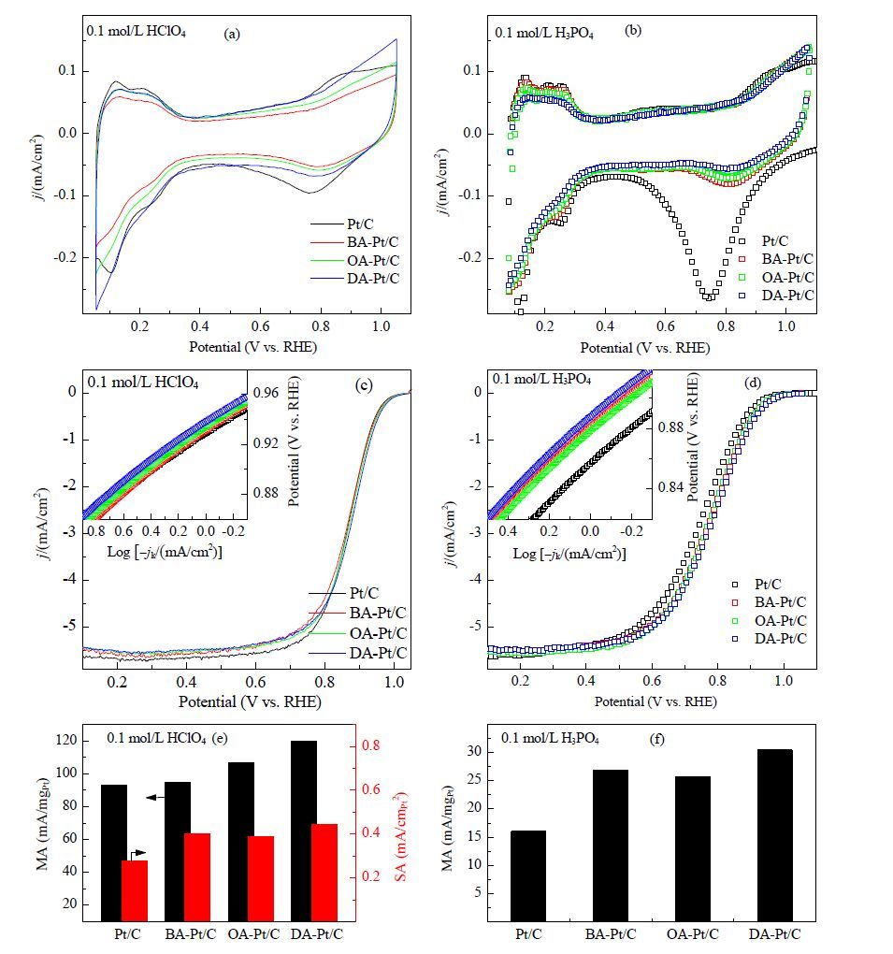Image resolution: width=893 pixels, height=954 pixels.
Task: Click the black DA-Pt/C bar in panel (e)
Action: pyautogui.click(x=304, y=831)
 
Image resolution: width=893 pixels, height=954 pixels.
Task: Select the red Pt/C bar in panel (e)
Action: pyautogui.click(x=135, y=890)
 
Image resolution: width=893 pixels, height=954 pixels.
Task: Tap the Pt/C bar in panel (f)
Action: pyautogui.click(x=528, y=876)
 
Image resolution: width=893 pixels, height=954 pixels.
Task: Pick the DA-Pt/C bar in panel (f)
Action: pyautogui.click(x=775, y=835)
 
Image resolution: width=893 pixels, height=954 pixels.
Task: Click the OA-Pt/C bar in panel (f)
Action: pyautogui.click(x=692, y=848)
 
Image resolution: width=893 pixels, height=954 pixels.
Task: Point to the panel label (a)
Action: pyautogui.click(x=232, y=34)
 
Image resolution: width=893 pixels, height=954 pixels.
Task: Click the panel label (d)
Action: pyautogui.click(x=753, y=383)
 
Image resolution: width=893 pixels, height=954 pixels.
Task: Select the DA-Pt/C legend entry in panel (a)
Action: pyautogui.click(x=355, y=279)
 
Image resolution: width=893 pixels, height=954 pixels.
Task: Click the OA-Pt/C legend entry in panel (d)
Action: pyautogui.click(x=769, y=621)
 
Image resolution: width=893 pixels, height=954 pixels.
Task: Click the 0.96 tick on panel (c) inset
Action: pyautogui.click(x=266, y=393)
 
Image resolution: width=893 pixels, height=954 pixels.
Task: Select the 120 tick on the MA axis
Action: pyautogui.click(x=65, y=741)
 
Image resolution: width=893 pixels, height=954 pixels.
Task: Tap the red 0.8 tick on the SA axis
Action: pyautogui.click(x=370, y=745)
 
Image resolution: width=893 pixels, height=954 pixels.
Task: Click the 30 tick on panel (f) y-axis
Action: pyautogui.click(x=474, y=752)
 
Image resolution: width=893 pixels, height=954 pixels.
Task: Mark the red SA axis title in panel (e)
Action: pyautogui.click(x=399, y=836)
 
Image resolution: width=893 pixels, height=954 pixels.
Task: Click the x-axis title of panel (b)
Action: pyautogui.click(x=645, y=348)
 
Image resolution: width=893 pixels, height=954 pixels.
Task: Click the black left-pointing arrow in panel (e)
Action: pyautogui.click(x=156, y=797)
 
